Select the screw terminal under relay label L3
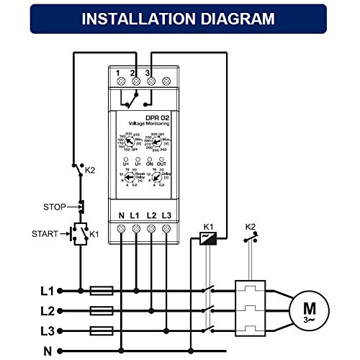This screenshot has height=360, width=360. pos(167,229)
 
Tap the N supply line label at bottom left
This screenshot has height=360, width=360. pos(48,351)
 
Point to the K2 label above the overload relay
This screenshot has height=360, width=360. pos(250,227)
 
